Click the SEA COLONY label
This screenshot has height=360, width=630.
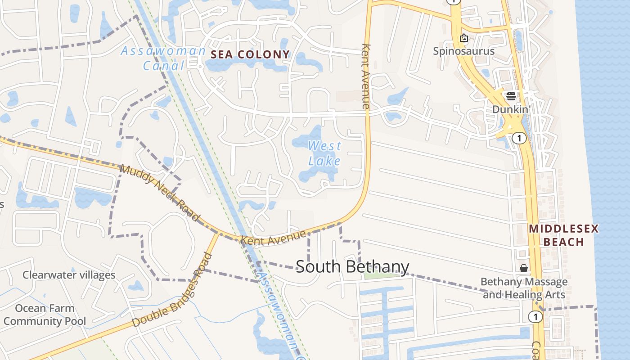point(250,54)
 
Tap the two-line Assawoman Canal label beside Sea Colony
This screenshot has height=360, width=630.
point(163,58)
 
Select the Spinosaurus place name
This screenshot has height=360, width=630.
point(463,51)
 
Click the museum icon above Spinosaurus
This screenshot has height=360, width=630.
point(463,38)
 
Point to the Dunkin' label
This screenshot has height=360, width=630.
point(510,109)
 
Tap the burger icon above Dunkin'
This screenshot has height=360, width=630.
point(511,96)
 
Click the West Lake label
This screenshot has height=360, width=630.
point(324,153)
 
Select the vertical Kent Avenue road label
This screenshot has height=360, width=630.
point(365,76)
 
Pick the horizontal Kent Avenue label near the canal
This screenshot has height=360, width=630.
point(274,237)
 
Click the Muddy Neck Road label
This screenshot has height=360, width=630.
point(160,193)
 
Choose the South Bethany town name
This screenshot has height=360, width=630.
point(352,266)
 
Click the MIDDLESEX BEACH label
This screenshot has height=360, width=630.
point(563,235)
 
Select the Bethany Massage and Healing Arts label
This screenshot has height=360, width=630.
point(524,288)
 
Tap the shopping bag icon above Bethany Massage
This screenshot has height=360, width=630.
point(524,268)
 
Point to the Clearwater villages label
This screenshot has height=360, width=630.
point(69,274)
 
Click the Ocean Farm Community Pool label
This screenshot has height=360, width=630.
point(45,315)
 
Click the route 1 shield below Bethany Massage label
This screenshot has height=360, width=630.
point(535,317)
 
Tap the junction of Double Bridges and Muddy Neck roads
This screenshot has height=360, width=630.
point(219,233)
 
